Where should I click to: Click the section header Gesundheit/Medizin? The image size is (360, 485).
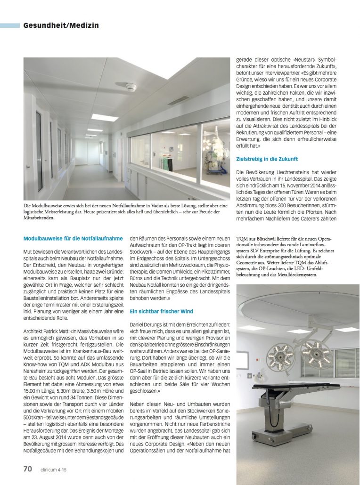tap(61, 25)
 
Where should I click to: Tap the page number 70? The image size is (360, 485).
tap(28, 469)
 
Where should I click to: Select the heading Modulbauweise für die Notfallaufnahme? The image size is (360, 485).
tap(73, 239)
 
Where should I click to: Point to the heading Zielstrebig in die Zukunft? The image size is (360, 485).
tap(267, 159)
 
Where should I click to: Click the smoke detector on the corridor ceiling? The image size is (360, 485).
tap(131, 87)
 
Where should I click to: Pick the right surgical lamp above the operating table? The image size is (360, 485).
tap(316, 351)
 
